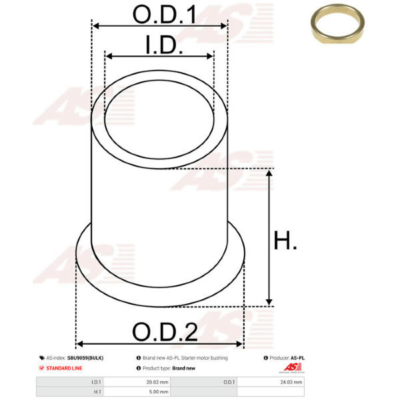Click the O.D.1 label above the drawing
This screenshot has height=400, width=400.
point(165,15)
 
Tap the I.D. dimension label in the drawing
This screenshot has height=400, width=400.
point(164,45)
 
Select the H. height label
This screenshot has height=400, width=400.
point(285,240)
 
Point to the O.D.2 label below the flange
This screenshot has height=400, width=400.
point(165,332)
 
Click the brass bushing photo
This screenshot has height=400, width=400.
point(337,24)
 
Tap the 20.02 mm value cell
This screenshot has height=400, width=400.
point(157,382)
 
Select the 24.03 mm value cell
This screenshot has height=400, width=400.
point(291,382)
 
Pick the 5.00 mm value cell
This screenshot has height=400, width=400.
point(159,391)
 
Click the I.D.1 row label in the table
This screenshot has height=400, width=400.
point(96,382)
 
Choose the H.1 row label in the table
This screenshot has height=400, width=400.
point(97,391)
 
